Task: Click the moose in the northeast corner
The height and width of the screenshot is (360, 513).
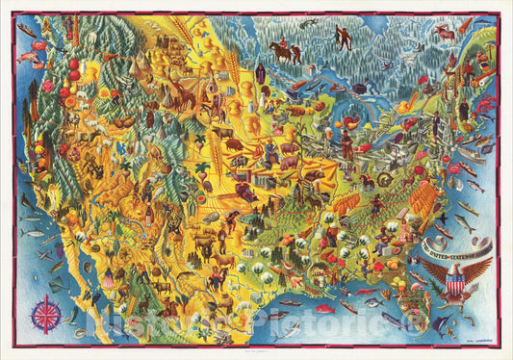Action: (444, 35)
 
